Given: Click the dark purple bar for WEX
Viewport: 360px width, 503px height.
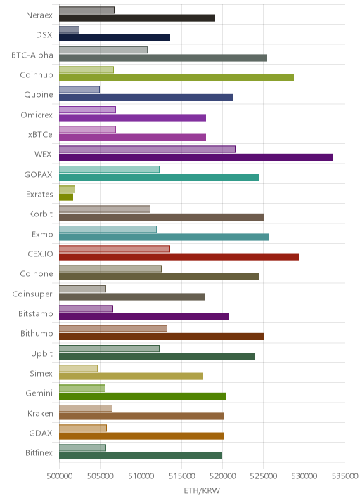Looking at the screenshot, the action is coord(195,157).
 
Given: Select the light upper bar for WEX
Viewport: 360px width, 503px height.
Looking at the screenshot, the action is coord(147,149).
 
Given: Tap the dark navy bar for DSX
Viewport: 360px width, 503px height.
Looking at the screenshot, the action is coord(115,38).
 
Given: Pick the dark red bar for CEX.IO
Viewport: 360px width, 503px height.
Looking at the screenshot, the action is coord(179,256).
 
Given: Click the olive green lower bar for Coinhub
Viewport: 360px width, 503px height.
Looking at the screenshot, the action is coord(176,78).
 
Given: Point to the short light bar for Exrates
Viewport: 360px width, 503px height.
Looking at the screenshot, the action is coord(67,189).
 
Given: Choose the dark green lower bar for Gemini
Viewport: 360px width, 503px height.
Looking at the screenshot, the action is coord(142,396).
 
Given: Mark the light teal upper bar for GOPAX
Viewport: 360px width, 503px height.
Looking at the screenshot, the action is coord(109,169).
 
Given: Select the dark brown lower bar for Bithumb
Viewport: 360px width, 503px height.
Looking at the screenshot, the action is coord(161,337).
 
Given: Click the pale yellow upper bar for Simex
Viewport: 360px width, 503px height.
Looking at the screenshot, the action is coord(78,368).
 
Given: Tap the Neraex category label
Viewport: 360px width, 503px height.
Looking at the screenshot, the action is coord(39,15).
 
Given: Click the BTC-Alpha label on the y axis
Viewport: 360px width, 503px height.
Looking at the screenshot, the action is coord(32,55).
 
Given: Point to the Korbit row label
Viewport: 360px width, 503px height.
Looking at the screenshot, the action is coord(41,214).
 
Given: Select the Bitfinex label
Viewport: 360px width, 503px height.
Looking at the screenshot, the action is coord(39,452).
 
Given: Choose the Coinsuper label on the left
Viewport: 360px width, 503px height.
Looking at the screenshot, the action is coord(32,294).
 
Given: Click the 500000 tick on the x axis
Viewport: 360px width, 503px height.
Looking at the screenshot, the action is coord(59,476).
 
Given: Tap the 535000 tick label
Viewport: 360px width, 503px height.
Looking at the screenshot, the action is coord(345,476).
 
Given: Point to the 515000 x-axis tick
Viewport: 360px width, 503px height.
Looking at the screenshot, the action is coord(182,476).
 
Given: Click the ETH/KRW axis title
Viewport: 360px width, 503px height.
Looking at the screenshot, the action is coord(202,490).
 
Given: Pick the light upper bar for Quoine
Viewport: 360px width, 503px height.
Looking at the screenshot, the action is coord(79,89).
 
